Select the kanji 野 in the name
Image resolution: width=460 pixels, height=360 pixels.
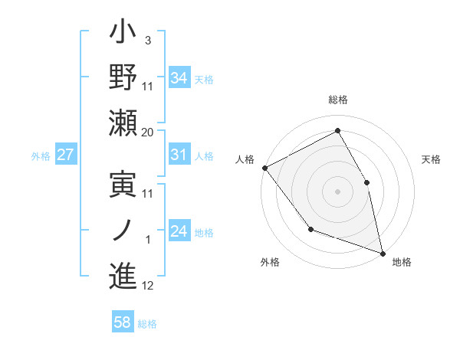pos(123,77)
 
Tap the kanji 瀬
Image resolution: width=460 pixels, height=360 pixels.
pos(123,123)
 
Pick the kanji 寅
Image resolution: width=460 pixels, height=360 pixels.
pos(123,184)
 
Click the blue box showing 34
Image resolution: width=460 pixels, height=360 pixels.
pos(179,77)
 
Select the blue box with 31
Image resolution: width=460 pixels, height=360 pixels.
pos(179,155)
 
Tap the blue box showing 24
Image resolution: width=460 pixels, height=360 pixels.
pos(179,231)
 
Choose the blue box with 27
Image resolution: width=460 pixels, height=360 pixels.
pos(66,155)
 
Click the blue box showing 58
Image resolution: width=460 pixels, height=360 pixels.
pos(123,322)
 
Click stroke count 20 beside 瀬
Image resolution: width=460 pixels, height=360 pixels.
pos(148,133)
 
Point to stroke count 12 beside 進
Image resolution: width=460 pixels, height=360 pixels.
pos(148,286)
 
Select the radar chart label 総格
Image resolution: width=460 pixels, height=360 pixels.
pos(338,100)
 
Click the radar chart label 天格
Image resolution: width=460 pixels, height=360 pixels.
pos(431,159)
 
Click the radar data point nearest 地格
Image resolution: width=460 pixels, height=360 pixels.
pos(383,252)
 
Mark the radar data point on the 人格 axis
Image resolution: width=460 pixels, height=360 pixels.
pos(264,167)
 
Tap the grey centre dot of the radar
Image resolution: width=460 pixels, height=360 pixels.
pos(338,191)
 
